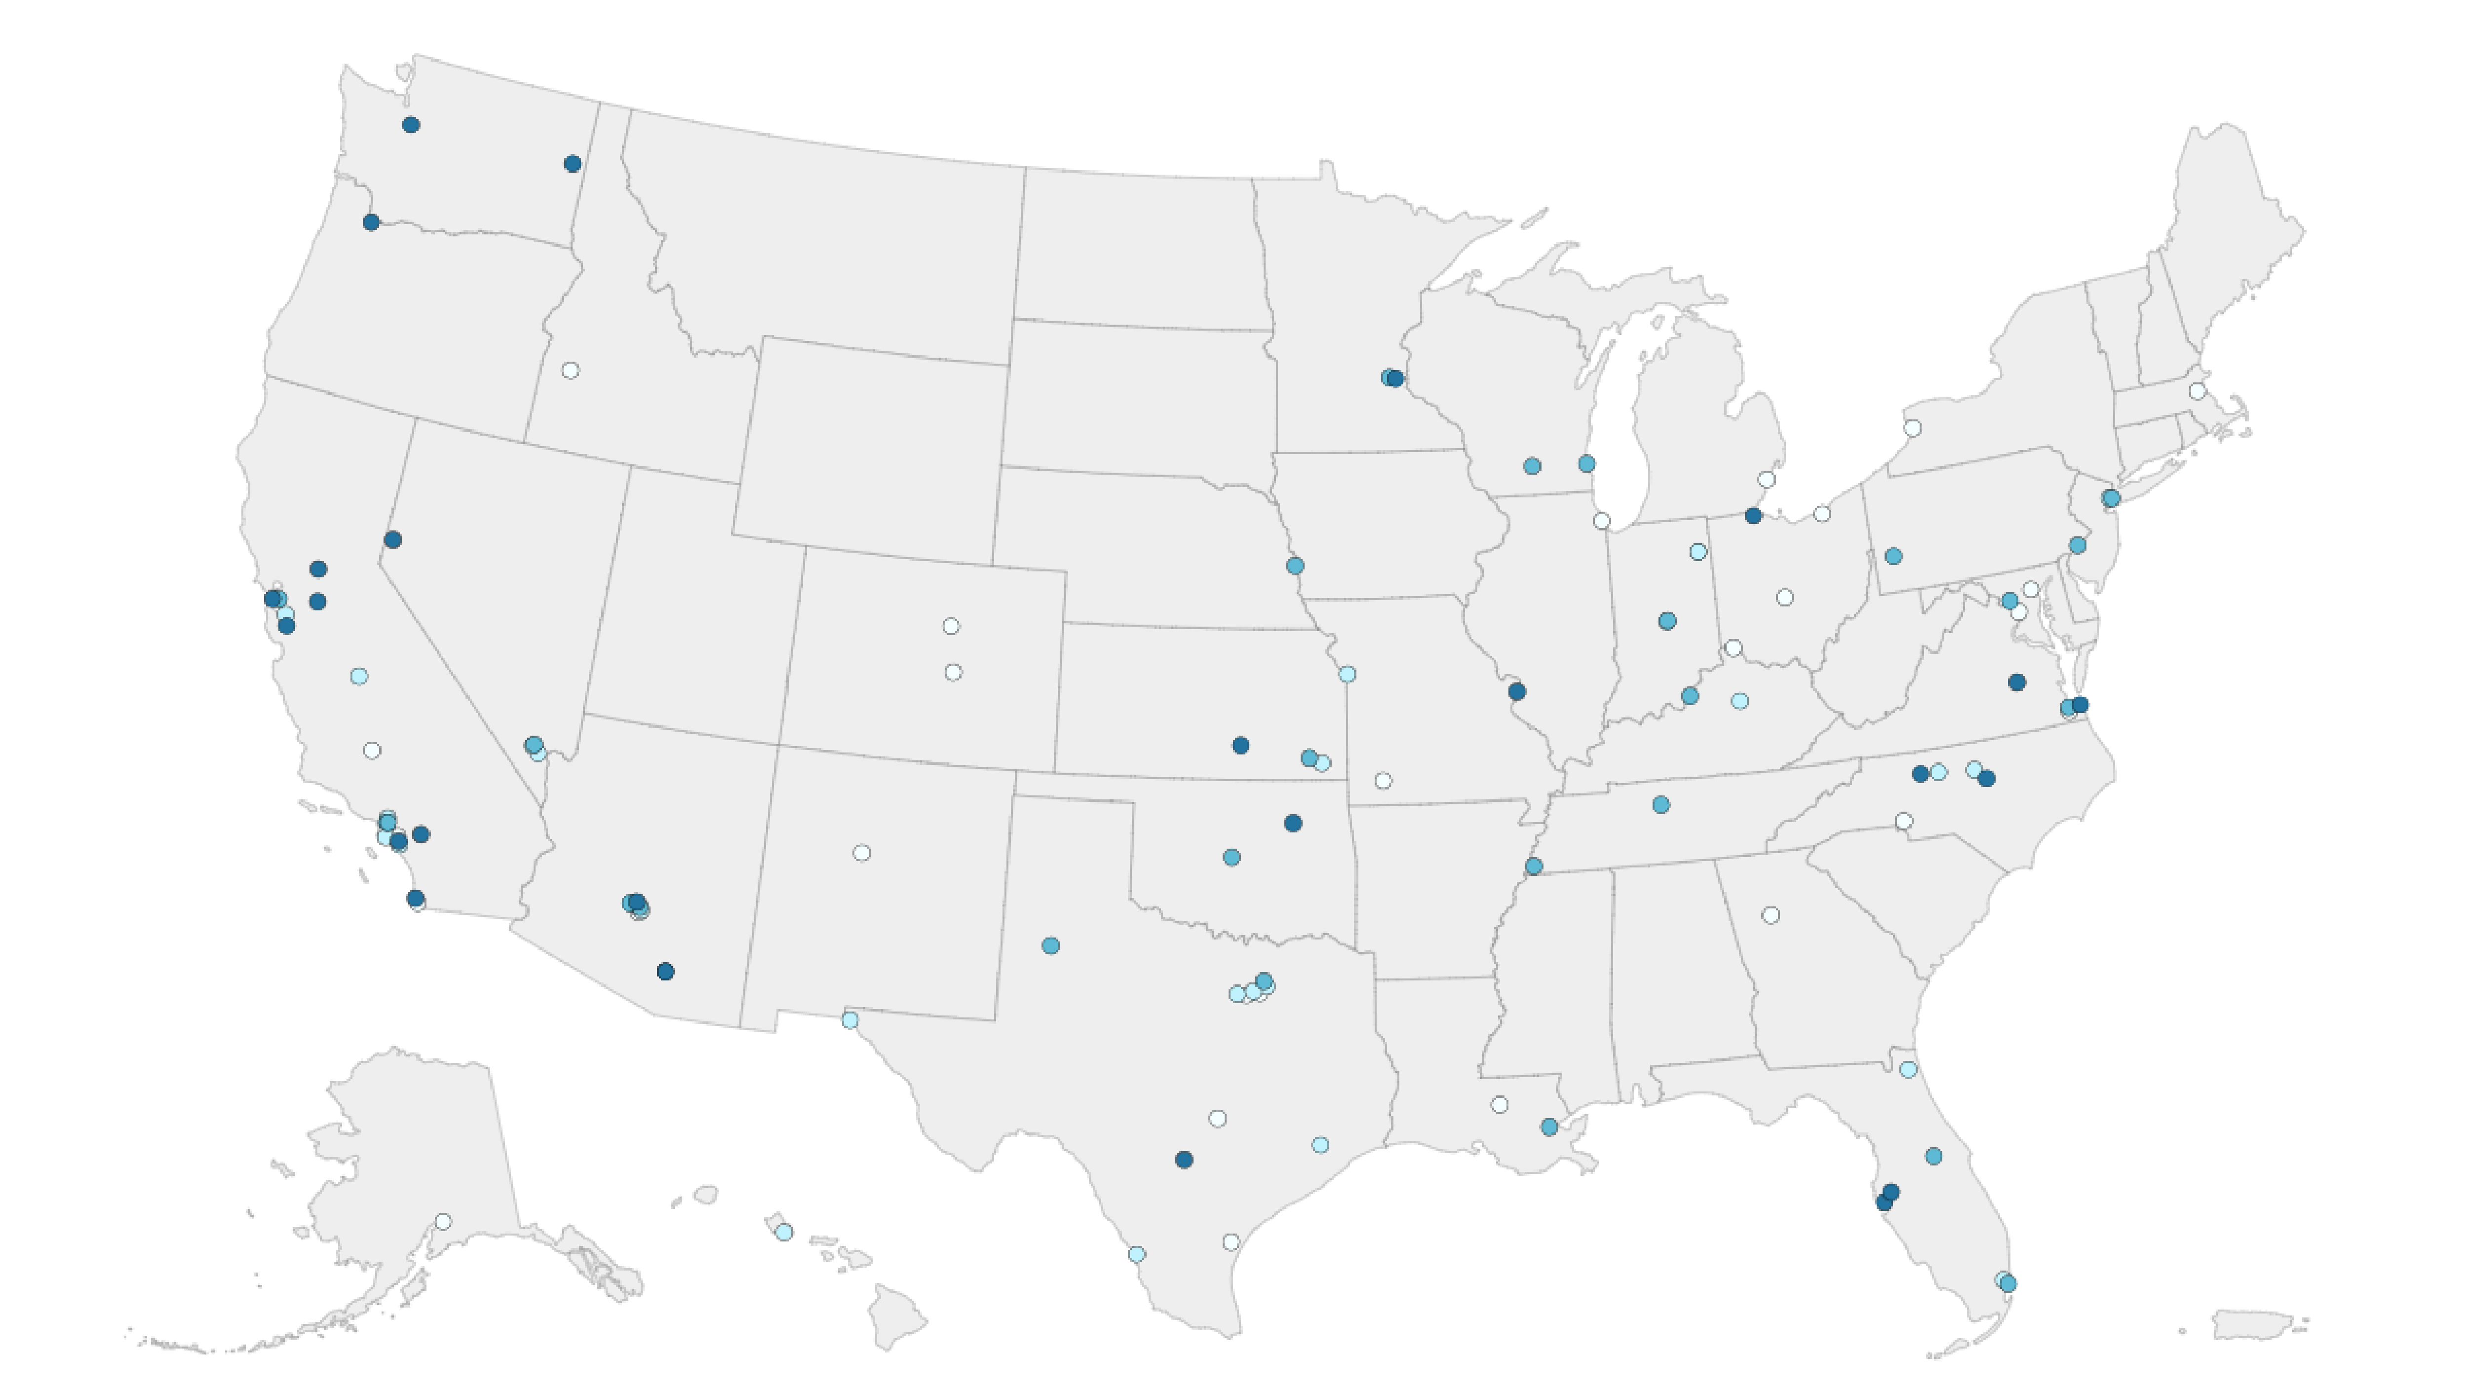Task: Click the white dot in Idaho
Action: point(570,370)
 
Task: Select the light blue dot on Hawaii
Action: point(784,1232)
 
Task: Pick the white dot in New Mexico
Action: point(861,853)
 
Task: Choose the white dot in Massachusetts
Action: point(2197,391)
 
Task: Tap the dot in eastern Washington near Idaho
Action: point(572,164)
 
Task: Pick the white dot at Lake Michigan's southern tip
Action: point(1601,521)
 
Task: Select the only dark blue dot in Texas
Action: point(1184,1160)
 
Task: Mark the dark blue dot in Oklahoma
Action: point(1292,823)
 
